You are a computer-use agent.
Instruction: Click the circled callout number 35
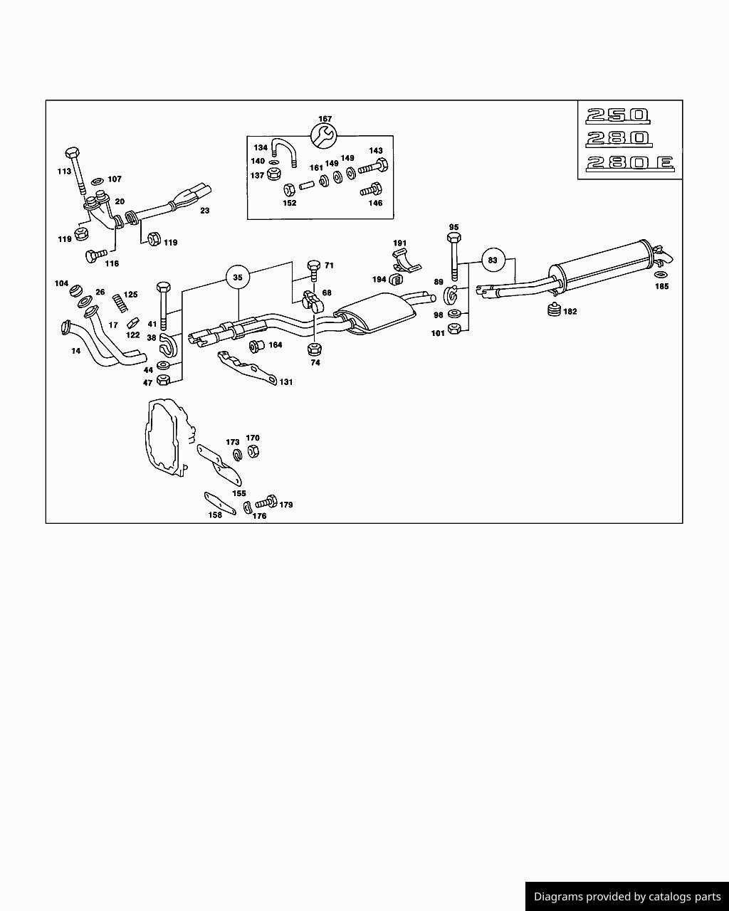coord(238,277)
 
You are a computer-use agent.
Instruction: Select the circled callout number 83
coord(493,260)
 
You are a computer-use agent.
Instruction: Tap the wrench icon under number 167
coord(324,135)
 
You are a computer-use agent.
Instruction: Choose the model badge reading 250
coord(618,115)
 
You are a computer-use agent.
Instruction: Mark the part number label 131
coord(285,382)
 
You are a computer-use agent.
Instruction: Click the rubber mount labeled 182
coord(553,310)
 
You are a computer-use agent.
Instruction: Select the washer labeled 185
coord(661,275)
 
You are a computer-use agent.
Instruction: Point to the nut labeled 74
coord(315,349)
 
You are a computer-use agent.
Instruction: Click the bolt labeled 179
coord(266,502)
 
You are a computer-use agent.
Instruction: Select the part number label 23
coord(205,211)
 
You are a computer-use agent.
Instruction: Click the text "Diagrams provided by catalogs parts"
coord(626,897)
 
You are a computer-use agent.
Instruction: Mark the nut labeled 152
coord(289,190)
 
